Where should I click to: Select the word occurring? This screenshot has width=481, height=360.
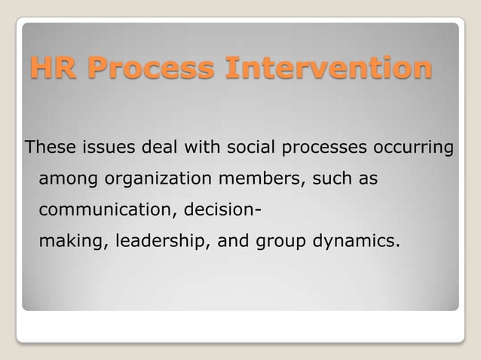[x=411, y=147]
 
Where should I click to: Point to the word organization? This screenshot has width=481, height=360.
[x=150, y=181]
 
